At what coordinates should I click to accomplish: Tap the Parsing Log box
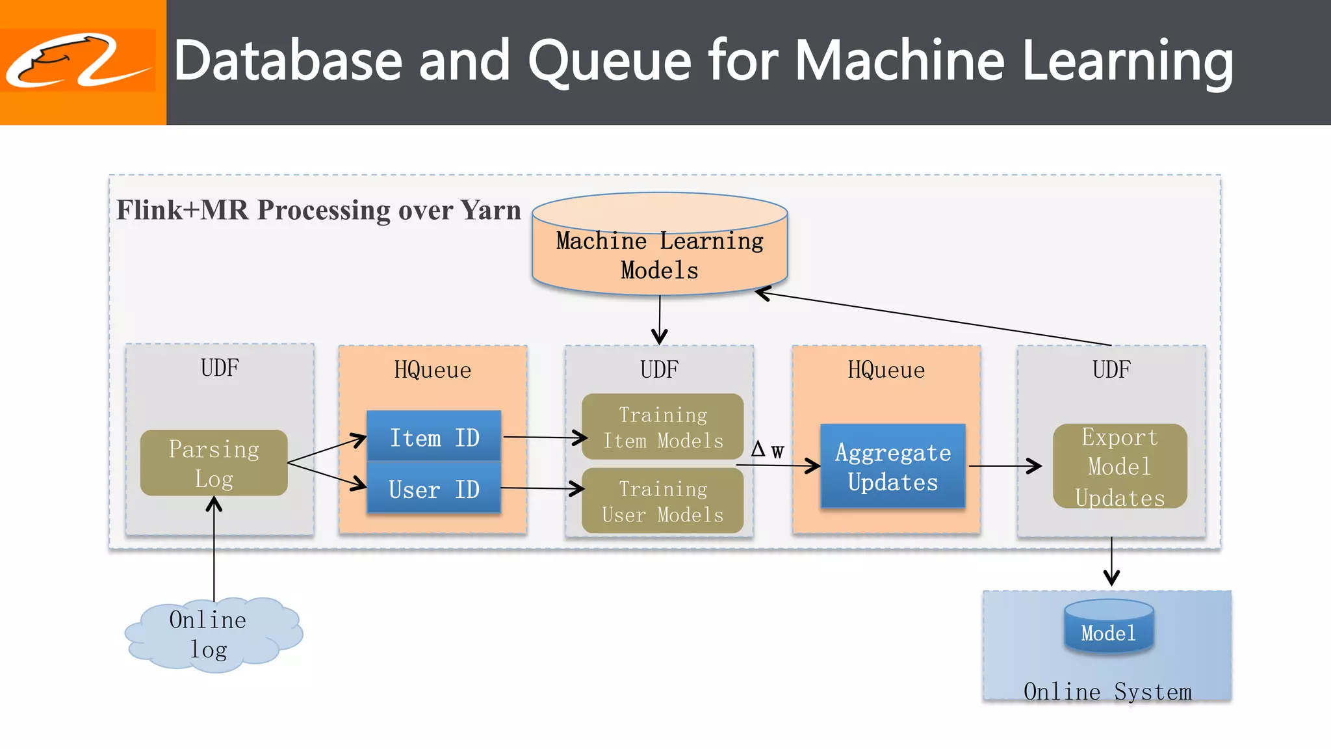(x=214, y=463)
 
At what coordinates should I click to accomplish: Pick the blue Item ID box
(x=434, y=437)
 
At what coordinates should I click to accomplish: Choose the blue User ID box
(x=434, y=488)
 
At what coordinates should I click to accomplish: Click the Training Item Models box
(x=662, y=427)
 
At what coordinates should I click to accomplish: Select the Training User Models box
(x=662, y=501)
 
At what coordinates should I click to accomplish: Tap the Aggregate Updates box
(x=892, y=466)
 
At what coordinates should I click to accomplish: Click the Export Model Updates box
(x=1119, y=466)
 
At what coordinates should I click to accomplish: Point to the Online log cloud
(x=212, y=634)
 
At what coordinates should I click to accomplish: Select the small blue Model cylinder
(x=1109, y=629)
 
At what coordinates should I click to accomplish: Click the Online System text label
(x=1107, y=691)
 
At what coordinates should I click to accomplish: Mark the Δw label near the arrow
(x=768, y=449)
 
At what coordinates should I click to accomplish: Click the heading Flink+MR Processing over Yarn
(x=318, y=210)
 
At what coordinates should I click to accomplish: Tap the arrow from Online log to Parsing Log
(x=214, y=553)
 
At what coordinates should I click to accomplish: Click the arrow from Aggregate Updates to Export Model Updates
(x=1004, y=466)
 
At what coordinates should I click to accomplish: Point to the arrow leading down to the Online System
(x=1111, y=562)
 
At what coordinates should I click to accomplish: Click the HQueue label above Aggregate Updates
(x=886, y=370)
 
